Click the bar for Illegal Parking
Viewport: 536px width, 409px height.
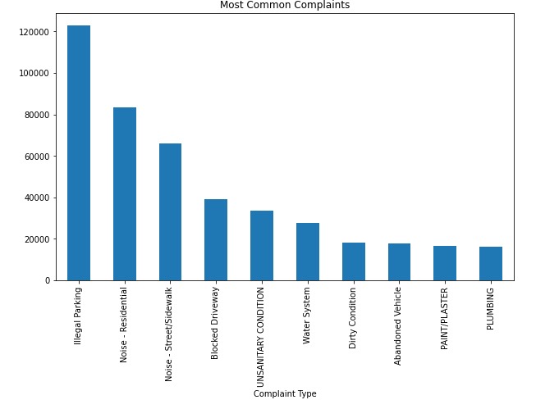(79, 153)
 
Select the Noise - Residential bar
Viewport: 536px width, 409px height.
(125, 194)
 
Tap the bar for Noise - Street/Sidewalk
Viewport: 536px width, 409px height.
(170, 212)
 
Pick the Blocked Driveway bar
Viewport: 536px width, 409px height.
(216, 240)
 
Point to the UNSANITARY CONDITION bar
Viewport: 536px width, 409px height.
(262, 246)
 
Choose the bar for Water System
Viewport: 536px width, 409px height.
(308, 252)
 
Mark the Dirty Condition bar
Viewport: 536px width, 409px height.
(354, 261)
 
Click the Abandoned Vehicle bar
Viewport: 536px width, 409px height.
(399, 262)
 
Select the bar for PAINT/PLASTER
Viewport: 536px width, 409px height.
(445, 263)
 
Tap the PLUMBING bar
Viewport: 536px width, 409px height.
(491, 264)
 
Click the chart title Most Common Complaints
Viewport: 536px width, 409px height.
(285, 6)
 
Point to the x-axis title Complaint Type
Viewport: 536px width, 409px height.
(285, 394)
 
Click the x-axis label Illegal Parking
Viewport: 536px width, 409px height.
(79, 316)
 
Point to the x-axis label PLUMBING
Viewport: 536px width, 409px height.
(491, 308)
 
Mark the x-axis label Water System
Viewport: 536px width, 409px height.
(308, 316)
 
